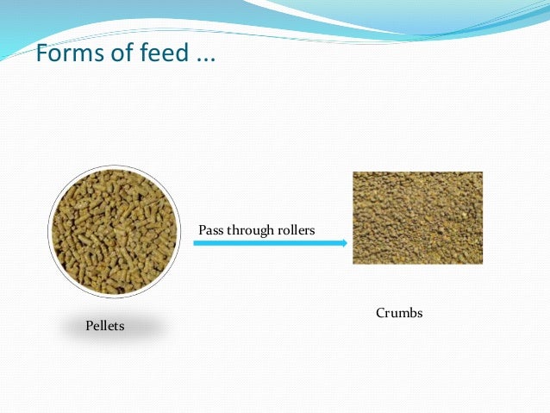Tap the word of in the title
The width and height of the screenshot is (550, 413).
(x=119, y=54)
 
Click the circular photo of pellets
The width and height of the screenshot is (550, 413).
(x=114, y=231)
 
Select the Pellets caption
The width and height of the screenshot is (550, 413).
(x=105, y=326)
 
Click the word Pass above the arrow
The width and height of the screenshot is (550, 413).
(x=211, y=230)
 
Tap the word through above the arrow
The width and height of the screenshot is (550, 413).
(x=251, y=231)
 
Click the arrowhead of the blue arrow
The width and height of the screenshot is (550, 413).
(x=342, y=244)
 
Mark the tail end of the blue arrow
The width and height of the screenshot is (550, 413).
(x=195, y=244)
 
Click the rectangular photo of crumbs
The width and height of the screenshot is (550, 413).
(x=417, y=217)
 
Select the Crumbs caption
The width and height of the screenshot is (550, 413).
(x=399, y=313)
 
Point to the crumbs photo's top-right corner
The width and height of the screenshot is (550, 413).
(x=482, y=172)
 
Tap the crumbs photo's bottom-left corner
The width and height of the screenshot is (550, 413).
(x=353, y=263)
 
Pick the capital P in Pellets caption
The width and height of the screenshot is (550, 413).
(x=89, y=326)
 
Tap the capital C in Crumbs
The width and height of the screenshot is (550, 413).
(x=380, y=313)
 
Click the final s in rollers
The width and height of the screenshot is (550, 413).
(x=312, y=231)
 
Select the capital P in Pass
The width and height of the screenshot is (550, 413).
(x=203, y=230)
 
